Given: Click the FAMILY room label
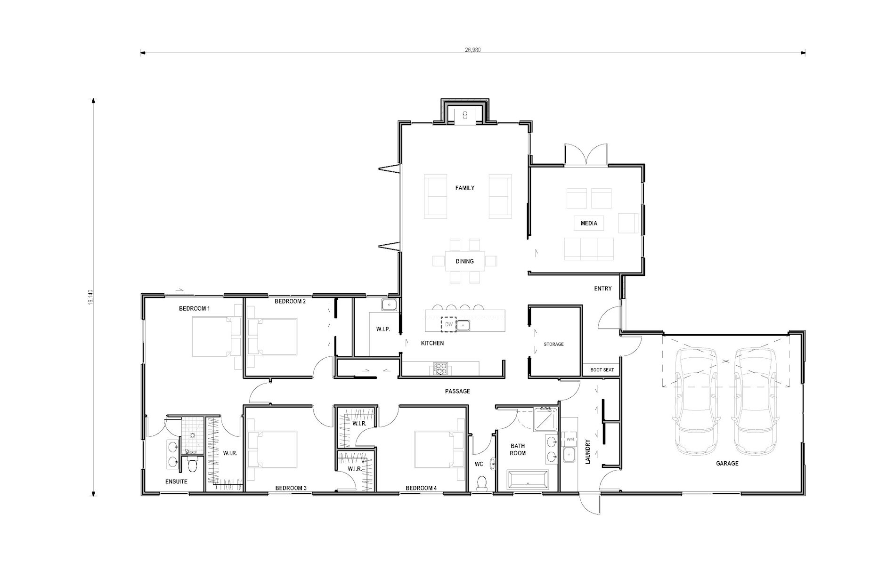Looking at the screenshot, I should coord(464,188).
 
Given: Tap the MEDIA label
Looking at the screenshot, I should coord(589,223).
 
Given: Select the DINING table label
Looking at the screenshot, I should coord(464,261).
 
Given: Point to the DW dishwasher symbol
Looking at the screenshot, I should coord(448,325).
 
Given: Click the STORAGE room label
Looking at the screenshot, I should coord(553,345).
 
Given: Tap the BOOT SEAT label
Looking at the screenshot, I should coord(602,370).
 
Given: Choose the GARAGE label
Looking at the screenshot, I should coord(727,464).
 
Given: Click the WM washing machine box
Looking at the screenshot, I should coord(570,439).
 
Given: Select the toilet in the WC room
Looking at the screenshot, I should coord(481,483).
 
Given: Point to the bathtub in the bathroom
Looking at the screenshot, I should coord(527,481).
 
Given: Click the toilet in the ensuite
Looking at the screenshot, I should coord(192,466).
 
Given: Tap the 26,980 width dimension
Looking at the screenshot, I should coord(472,49).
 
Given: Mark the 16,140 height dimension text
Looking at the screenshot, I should coord(90,297).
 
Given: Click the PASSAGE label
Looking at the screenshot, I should coord(457,391).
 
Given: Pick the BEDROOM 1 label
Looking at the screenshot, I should coord(194,309).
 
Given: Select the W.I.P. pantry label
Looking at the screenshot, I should coord(383,329).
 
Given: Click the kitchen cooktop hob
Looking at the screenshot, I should coord(440,369).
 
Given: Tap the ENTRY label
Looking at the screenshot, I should coord(602,289).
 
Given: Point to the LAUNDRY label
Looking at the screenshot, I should coord(587,452).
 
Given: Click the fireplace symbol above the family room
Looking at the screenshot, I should coord(464,114).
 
